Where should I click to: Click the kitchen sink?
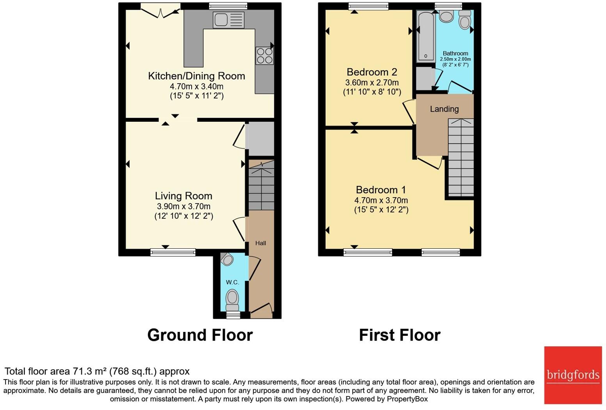(x=228, y=20)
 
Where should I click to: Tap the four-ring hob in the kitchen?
(x=264, y=55)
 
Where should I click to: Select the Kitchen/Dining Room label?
(x=196, y=76)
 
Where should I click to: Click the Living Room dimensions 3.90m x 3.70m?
(x=183, y=207)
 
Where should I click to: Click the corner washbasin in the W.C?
(x=227, y=259)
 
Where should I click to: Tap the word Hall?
(x=261, y=243)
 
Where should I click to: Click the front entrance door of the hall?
(x=261, y=308)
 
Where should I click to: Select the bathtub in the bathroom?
(x=425, y=36)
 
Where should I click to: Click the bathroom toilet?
(x=464, y=20)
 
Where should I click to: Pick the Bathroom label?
(x=455, y=53)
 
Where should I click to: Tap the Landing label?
(x=444, y=109)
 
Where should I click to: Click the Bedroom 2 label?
(x=372, y=72)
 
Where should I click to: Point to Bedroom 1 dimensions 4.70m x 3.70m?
(x=381, y=200)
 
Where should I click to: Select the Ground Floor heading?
(x=200, y=335)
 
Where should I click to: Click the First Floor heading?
(x=400, y=335)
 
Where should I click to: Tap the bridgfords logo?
(x=573, y=375)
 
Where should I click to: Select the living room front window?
(x=173, y=253)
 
